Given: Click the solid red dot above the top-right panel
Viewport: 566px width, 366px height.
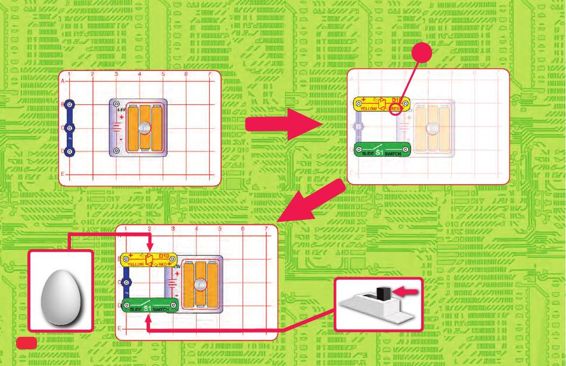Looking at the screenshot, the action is [423, 55].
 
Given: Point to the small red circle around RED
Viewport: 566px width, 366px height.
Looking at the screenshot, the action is [396, 108].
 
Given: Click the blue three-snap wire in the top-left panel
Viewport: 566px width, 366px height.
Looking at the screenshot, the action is [70, 128].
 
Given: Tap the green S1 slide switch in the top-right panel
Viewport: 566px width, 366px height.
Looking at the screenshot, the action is [381, 150].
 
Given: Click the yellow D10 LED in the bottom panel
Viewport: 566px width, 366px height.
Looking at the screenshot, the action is [149, 259].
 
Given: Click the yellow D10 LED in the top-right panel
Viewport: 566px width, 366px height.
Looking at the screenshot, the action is [381, 105].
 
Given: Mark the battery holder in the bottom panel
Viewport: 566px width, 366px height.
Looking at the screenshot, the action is [197, 283].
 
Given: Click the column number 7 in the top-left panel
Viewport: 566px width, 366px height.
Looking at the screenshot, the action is [209, 75].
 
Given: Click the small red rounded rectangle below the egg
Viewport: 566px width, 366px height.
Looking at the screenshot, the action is [26, 342].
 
